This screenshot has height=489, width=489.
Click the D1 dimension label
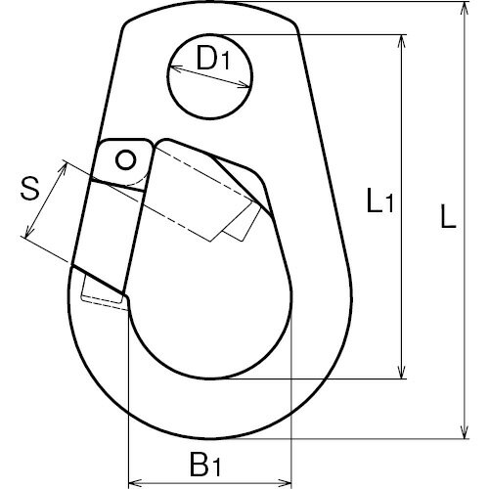click(213, 59)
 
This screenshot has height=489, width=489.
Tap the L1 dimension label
click(380, 201)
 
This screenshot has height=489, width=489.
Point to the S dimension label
click(30, 189)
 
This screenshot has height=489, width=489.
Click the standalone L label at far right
click(448, 216)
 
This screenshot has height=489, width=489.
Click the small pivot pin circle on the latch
click(125, 159)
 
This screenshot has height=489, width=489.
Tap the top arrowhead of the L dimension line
click(465, 9)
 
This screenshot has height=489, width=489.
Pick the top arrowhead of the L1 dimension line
click(402, 41)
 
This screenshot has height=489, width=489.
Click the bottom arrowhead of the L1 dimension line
click(402, 372)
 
